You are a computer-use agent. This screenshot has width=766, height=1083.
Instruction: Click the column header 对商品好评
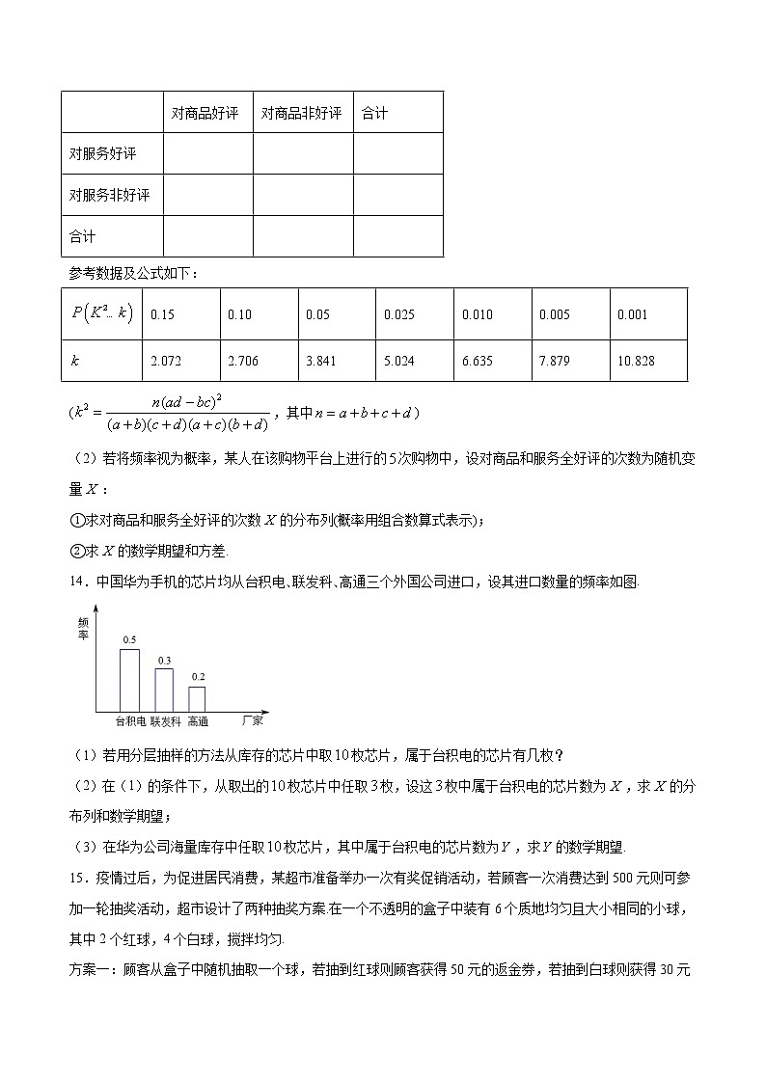click(x=205, y=113)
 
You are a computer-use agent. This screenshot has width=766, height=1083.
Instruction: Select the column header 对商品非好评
click(x=302, y=113)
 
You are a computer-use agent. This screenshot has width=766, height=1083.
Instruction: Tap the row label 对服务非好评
click(x=110, y=195)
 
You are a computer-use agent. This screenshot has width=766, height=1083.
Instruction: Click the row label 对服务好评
click(x=103, y=154)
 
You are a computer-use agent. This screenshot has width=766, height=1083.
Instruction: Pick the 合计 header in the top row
click(x=374, y=113)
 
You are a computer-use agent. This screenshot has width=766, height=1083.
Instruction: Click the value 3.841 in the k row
click(x=320, y=361)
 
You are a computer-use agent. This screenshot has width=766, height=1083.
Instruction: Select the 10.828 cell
click(x=636, y=361)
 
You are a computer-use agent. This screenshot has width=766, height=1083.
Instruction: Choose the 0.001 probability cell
click(x=632, y=314)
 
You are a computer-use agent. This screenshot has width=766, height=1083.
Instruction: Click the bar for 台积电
click(x=129, y=680)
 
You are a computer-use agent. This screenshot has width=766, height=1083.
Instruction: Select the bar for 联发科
click(x=164, y=690)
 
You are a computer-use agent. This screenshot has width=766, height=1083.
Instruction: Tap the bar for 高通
click(x=197, y=698)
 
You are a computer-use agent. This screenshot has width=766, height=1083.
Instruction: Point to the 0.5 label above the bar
click(x=129, y=640)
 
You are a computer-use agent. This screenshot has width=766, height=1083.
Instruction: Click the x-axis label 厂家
click(x=253, y=719)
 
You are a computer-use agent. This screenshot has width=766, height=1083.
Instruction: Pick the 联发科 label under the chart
click(x=165, y=720)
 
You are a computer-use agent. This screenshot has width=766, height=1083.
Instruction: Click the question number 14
click(x=79, y=582)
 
